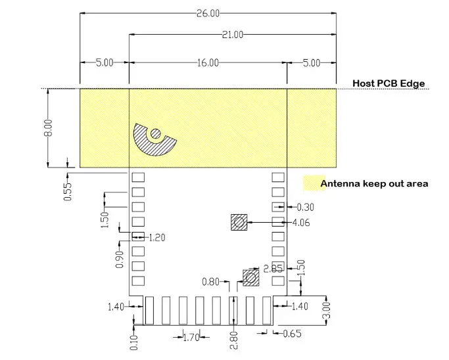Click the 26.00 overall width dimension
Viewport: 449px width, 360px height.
(208, 12)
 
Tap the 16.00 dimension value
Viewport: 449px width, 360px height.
(207, 62)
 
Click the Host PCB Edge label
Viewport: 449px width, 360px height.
(389, 83)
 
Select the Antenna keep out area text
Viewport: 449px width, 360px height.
(374, 183)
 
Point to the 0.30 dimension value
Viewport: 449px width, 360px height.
(306, 208)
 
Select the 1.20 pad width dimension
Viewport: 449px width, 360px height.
(156, 237)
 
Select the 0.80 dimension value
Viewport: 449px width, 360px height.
(211, 282)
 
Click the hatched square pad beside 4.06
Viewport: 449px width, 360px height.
(239, 223)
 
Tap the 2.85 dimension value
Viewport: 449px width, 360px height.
(273, 268)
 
